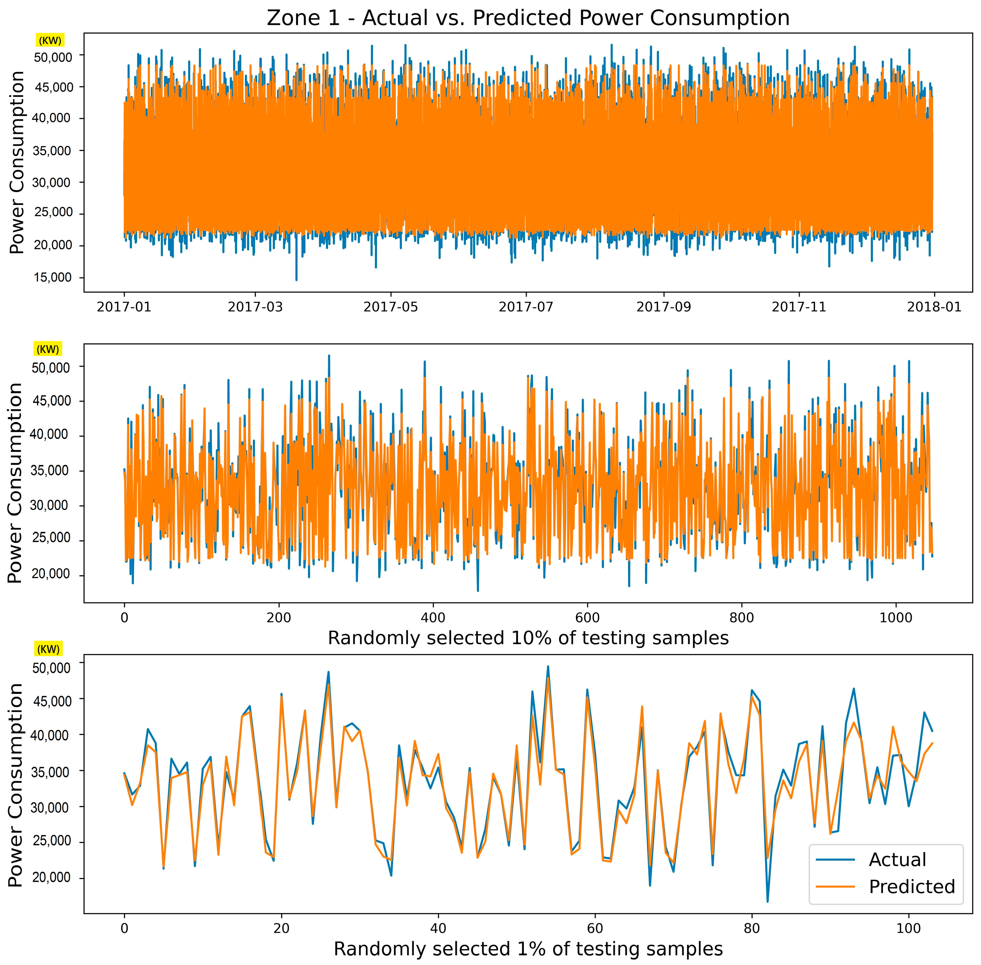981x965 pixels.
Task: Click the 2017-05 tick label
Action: point(391,307)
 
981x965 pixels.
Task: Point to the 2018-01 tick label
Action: point(934,307)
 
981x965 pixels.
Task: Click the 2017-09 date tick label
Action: point(663,307)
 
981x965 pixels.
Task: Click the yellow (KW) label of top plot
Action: point(50,41)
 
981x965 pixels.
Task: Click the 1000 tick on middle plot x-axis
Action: point(896,617)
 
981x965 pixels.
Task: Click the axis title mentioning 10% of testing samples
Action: point(528,637)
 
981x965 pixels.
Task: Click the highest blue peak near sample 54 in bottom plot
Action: point(548,666)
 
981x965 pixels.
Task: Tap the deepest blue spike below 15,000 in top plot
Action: point(296,279)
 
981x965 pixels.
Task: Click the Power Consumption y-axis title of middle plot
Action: point(16,482)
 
